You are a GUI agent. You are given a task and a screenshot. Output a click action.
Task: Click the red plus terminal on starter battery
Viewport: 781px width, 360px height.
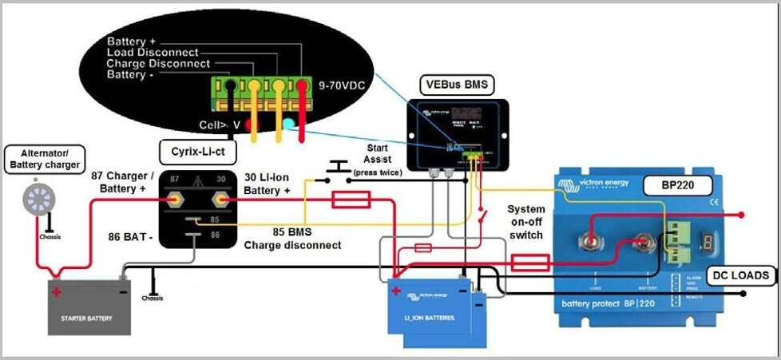(56, 291)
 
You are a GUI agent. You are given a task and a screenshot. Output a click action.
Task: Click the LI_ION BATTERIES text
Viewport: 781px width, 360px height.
(430, 318)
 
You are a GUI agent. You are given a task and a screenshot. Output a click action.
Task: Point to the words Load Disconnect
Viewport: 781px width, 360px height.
(158, 53)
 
